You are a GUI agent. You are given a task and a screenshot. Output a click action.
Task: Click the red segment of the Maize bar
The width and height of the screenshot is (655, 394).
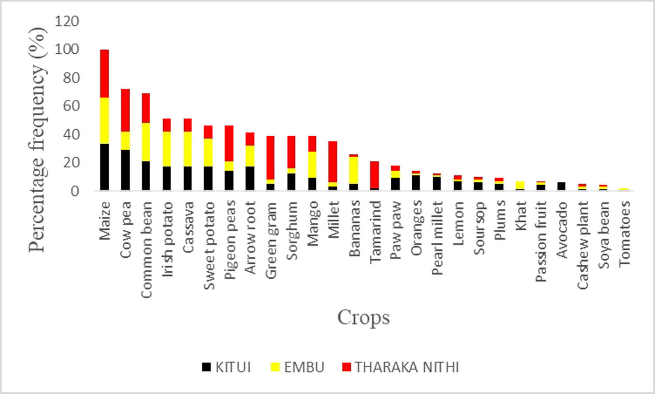(x=104, y=73)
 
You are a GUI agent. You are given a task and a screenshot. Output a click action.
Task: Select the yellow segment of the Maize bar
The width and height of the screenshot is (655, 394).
(x=104, y=120)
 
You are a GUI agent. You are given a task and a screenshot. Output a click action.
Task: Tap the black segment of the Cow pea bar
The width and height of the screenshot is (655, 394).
(x=125, y=170)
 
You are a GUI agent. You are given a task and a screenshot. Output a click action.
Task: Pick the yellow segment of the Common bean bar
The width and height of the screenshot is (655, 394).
(x=146, y=142)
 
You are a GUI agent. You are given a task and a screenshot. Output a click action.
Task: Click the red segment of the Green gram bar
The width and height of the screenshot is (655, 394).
(x=271, y=157)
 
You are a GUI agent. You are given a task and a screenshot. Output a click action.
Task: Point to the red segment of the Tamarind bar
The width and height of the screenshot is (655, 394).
(x=375, y=175)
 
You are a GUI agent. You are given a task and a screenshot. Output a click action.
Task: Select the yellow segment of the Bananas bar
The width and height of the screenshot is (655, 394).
(x=354, y=170)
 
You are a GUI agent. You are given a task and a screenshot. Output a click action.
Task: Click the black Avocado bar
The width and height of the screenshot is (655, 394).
(x=562, y=186)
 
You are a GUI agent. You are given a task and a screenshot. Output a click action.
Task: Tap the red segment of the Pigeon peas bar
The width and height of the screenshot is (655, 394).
(x=229, y=143)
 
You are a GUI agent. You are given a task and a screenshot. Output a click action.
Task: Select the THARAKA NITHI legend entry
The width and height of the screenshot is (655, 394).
(x=400, y=367)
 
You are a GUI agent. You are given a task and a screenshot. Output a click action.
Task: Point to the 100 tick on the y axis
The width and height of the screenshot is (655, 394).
(x=67, y=49)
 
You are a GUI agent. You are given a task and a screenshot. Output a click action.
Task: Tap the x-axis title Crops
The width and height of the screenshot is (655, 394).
(x=363, y=318)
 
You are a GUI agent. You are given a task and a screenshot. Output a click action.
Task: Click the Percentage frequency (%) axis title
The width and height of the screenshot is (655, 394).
(x=38, y=140)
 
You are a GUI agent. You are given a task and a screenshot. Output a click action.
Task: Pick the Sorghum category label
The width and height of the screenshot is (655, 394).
(x=292, y=230)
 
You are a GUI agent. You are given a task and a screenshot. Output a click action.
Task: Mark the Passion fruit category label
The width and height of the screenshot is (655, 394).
(x=541, y=241)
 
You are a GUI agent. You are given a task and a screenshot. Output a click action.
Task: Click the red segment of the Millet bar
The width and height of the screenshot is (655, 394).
(x=333, y=161)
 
